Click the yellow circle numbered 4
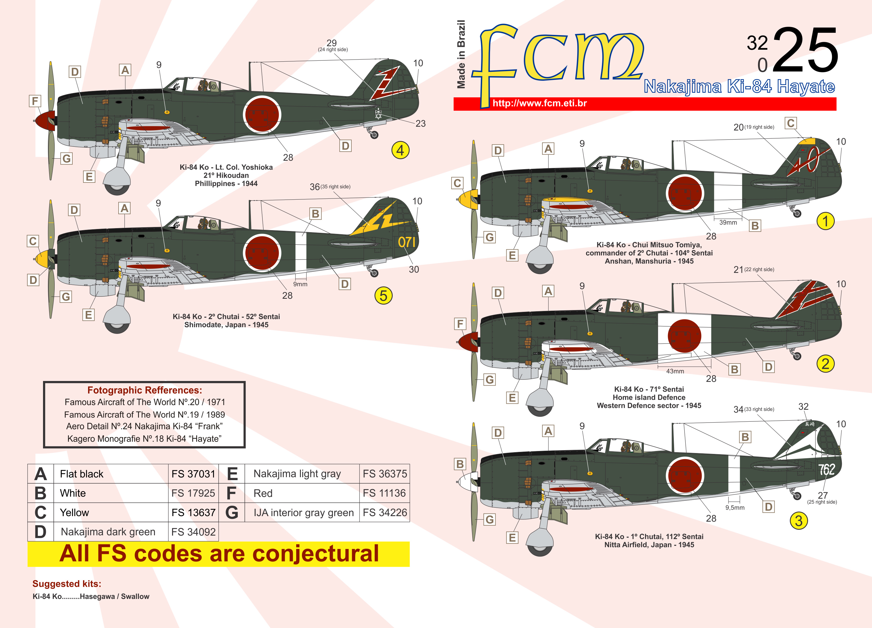[400, 150]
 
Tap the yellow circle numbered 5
[383, 296]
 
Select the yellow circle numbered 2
[825, 364]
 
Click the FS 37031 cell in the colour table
[193, 474]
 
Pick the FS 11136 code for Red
[384, 493]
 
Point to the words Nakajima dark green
[108, 532]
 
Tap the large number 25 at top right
[805, 50]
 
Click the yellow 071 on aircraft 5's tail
[406, 242]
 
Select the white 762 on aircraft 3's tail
[827, 469]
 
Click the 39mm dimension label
[728, 223]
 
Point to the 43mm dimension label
[675, 371]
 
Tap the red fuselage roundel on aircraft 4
[262, 114]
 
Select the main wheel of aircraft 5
[117, 321]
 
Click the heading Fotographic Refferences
[144, 390]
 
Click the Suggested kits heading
[67, 584]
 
